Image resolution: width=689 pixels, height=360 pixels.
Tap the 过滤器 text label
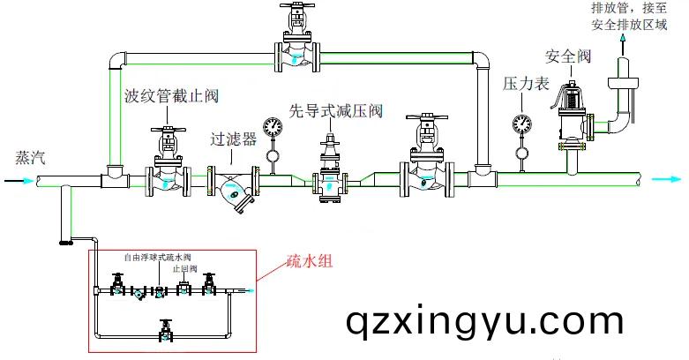click(x=233, y=139)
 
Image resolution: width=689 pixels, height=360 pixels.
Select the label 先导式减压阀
click(x=336, y=112)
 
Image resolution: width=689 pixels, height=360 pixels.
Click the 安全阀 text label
click(x=567, y=56)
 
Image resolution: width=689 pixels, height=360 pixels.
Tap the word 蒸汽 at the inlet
click(x=26, y=160)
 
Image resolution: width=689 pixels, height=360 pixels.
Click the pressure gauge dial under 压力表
click(x=521, y=123)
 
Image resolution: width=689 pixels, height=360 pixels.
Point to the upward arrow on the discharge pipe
click(x=623, y=40)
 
